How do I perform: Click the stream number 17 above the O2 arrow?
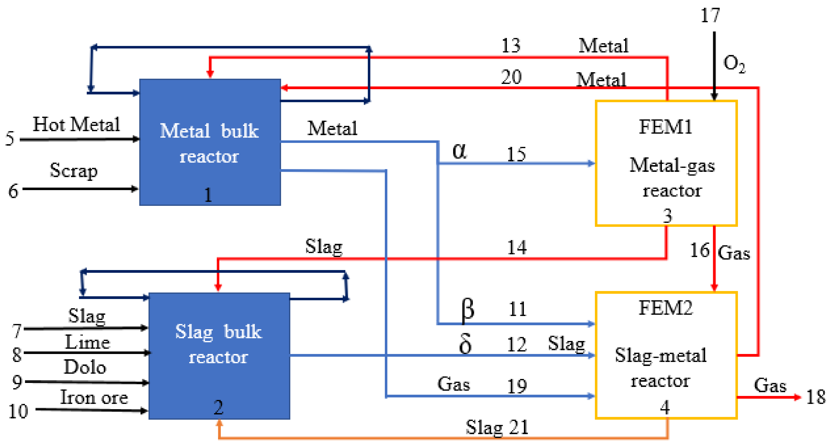click(710, 16)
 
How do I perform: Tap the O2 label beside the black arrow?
click(734, 64)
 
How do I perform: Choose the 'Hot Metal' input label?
click(76, 124)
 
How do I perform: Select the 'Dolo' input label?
click(85, 367)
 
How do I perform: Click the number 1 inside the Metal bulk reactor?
click(208, 195)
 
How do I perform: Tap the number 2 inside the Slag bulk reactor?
click(218, 407)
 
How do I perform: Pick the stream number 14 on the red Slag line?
click(517, 247)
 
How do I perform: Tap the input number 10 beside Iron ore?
click(18, 411)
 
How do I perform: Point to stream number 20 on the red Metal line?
click(511, 77)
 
